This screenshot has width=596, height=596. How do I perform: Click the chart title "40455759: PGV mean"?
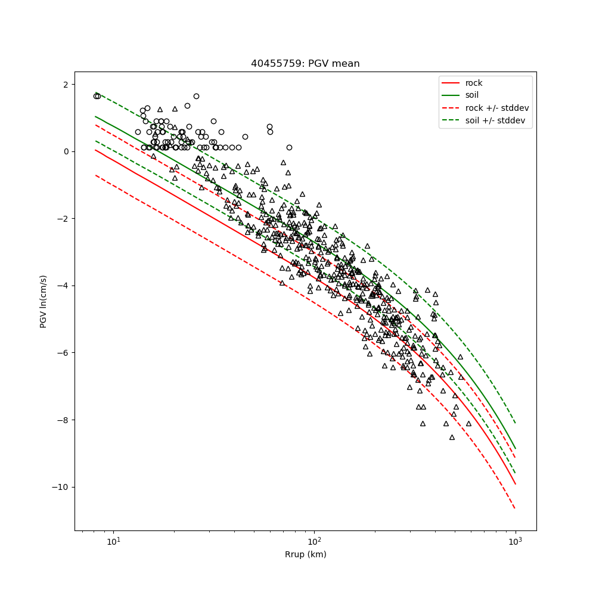[305, 64]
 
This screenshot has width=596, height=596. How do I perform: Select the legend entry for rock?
[474, 83]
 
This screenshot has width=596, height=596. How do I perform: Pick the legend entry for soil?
[472, 95]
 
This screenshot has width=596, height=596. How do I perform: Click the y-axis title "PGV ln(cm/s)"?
[44, 301]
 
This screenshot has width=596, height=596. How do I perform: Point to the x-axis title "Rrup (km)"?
[305, 554]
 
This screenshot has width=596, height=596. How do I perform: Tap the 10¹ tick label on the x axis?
[113, 541]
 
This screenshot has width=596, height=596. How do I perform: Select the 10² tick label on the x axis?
[314, 541]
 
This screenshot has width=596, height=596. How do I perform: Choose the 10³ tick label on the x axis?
[515, 541]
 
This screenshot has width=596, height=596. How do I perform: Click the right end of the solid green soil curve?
[515, 449]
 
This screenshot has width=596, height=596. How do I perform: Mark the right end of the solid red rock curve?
[515, 484]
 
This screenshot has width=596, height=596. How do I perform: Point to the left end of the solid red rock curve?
[95, 150]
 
